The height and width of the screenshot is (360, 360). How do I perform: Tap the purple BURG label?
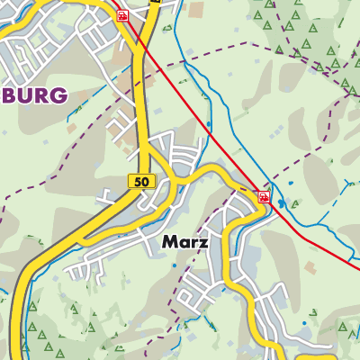coord(33,95)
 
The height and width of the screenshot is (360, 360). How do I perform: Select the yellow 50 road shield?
coord(141,181)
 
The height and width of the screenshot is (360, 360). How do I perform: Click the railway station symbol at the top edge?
coord(121,14)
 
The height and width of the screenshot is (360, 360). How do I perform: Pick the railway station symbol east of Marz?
coord(264,195)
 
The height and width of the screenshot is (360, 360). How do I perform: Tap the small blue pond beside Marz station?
coord(281,203)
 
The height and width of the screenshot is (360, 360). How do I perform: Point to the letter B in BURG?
coord(9,95)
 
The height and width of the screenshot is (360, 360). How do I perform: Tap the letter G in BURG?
coord(58,95)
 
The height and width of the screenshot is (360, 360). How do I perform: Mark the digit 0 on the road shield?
coord(145,181)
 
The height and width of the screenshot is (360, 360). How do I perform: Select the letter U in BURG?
coord(25,95)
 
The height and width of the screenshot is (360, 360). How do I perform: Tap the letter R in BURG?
coord(41,95)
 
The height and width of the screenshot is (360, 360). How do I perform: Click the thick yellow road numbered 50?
coord(141,108)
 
